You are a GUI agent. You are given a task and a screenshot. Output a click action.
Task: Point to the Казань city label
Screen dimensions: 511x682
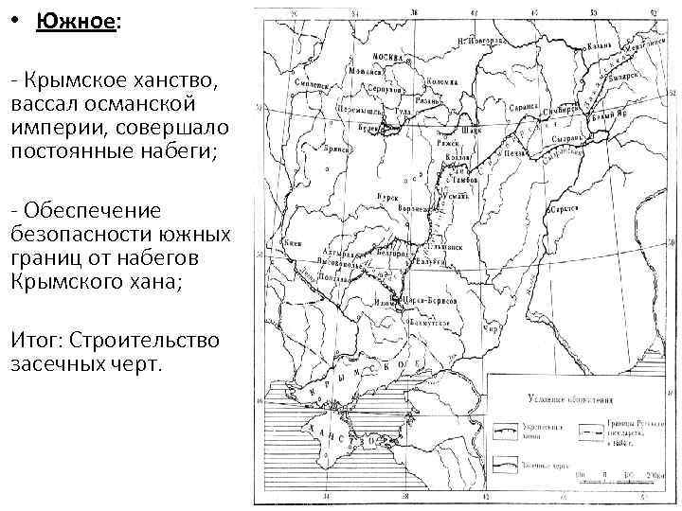[601, 44]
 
